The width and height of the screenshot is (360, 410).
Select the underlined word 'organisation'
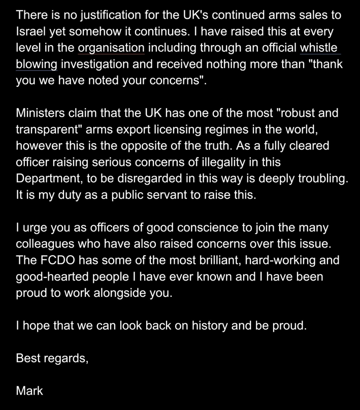pos(112,48)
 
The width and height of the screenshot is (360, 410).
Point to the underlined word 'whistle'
pos(320,48)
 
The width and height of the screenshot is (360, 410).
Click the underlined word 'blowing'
pos(36,64)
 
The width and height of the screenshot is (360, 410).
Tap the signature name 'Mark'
pos(29,390)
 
